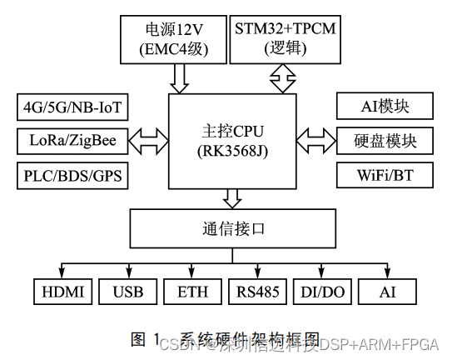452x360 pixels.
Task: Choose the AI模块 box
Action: coord(385,107)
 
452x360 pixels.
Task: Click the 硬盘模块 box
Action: coord(385,141)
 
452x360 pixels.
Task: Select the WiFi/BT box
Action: coord(385,175)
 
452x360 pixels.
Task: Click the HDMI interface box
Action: coord(62,292)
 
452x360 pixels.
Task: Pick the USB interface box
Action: coord(127,292)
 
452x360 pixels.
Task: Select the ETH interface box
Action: coord(192,292)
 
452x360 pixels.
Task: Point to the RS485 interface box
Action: coord(258,292)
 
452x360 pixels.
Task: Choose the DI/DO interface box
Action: coord(322,292)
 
